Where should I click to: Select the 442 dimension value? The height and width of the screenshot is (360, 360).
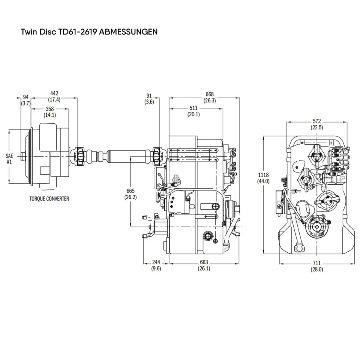point(54,93)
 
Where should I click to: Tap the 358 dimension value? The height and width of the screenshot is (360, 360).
point(50,109)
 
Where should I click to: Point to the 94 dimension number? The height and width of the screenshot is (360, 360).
point(26,97)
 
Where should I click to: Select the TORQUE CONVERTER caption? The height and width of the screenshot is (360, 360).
point(49,199)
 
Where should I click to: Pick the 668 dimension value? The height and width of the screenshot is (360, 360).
point(209,94)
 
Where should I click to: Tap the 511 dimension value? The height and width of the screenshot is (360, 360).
point(193,109)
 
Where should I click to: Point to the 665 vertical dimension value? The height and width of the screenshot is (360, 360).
point(130,191)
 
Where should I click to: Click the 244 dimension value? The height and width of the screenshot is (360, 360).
point(156,262)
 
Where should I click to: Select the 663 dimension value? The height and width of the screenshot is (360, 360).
point(204,262)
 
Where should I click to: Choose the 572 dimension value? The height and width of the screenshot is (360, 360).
point(317,121)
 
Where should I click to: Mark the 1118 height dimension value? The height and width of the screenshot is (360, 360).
point(263,175)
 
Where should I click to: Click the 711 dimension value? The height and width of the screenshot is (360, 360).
point(316,263)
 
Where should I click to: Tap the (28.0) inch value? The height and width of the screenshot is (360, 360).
point(316,269)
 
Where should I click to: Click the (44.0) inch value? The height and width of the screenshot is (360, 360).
point(263,181)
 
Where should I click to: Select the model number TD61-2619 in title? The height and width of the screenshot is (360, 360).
point(78,32)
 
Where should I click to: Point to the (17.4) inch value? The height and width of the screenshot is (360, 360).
point(54,100)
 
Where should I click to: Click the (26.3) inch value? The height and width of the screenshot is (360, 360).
point(209,100)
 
